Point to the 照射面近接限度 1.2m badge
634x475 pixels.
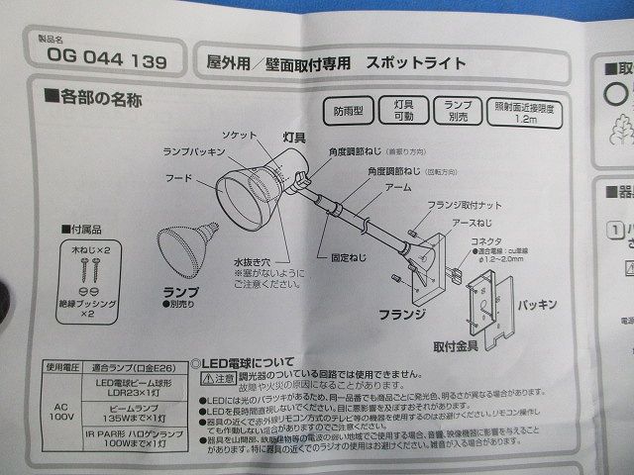pyautogui.click(x=526, y=112)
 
